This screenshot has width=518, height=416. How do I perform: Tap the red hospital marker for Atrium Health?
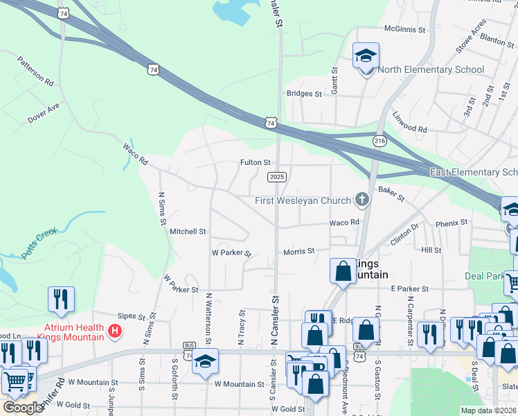116,332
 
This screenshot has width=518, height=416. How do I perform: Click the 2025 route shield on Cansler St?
276,177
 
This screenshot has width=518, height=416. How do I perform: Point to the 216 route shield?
379,141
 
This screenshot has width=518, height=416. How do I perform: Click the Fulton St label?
255,162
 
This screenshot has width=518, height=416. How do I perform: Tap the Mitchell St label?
188,231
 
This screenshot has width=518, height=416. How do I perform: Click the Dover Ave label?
44,114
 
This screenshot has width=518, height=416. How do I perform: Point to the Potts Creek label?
38,243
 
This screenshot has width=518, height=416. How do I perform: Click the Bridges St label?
305,94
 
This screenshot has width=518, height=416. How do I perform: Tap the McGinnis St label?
405,29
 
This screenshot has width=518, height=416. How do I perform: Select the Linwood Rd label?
410,123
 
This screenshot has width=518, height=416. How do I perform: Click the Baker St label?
391,193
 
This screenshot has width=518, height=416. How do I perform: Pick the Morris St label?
298,250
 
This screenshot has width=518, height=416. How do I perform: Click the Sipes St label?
131,315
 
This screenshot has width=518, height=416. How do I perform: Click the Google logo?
23,407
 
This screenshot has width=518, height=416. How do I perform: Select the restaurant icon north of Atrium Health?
61,300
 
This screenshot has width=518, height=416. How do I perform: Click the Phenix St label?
452,223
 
